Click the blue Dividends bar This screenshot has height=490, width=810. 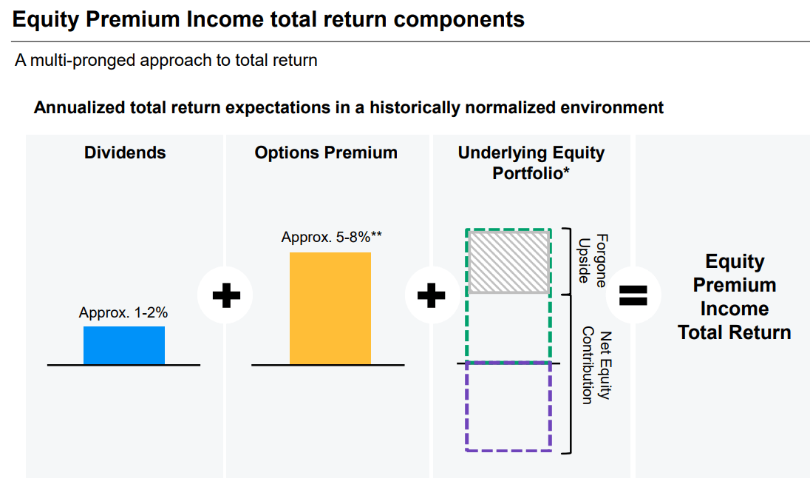point(124,345)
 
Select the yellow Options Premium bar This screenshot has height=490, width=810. point(330,308)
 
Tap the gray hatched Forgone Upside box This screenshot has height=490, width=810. point(508,262)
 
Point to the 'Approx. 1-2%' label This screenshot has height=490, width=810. point(123,313)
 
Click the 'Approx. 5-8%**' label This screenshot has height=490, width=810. point(331,238)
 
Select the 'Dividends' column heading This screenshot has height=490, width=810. point(125,152)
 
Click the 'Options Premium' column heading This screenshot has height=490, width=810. point(326,152)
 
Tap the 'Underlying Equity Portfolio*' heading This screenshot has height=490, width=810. point(531,163)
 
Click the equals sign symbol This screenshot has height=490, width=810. point(633,295)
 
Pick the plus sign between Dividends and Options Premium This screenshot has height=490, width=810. point(226,296)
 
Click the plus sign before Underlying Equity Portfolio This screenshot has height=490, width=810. point(432,296)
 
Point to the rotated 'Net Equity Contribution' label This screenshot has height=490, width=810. point(596,365)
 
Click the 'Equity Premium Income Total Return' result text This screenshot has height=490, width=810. point(734,297)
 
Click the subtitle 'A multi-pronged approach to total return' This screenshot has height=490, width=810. point(166,60)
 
